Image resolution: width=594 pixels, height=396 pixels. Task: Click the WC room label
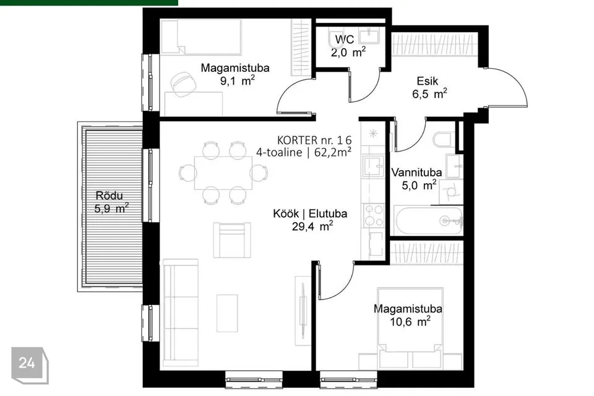345,39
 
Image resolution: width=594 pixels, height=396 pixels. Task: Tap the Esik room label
428,80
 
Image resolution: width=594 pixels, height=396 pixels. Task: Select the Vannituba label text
416,173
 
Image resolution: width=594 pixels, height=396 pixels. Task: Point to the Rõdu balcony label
109,196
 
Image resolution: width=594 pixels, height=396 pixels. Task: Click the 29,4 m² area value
312,226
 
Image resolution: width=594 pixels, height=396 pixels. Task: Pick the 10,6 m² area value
410,322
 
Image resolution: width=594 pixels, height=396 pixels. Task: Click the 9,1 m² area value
237,80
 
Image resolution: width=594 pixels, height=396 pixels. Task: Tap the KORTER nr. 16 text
314,140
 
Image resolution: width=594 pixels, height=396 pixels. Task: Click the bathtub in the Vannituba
428,220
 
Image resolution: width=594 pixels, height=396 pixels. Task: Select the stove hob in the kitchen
373,215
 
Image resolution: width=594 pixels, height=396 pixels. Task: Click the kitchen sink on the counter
373,166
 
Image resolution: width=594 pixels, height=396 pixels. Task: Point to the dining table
223,173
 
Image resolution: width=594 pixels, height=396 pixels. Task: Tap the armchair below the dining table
232,240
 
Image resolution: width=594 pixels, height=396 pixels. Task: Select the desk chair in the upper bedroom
183,84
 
